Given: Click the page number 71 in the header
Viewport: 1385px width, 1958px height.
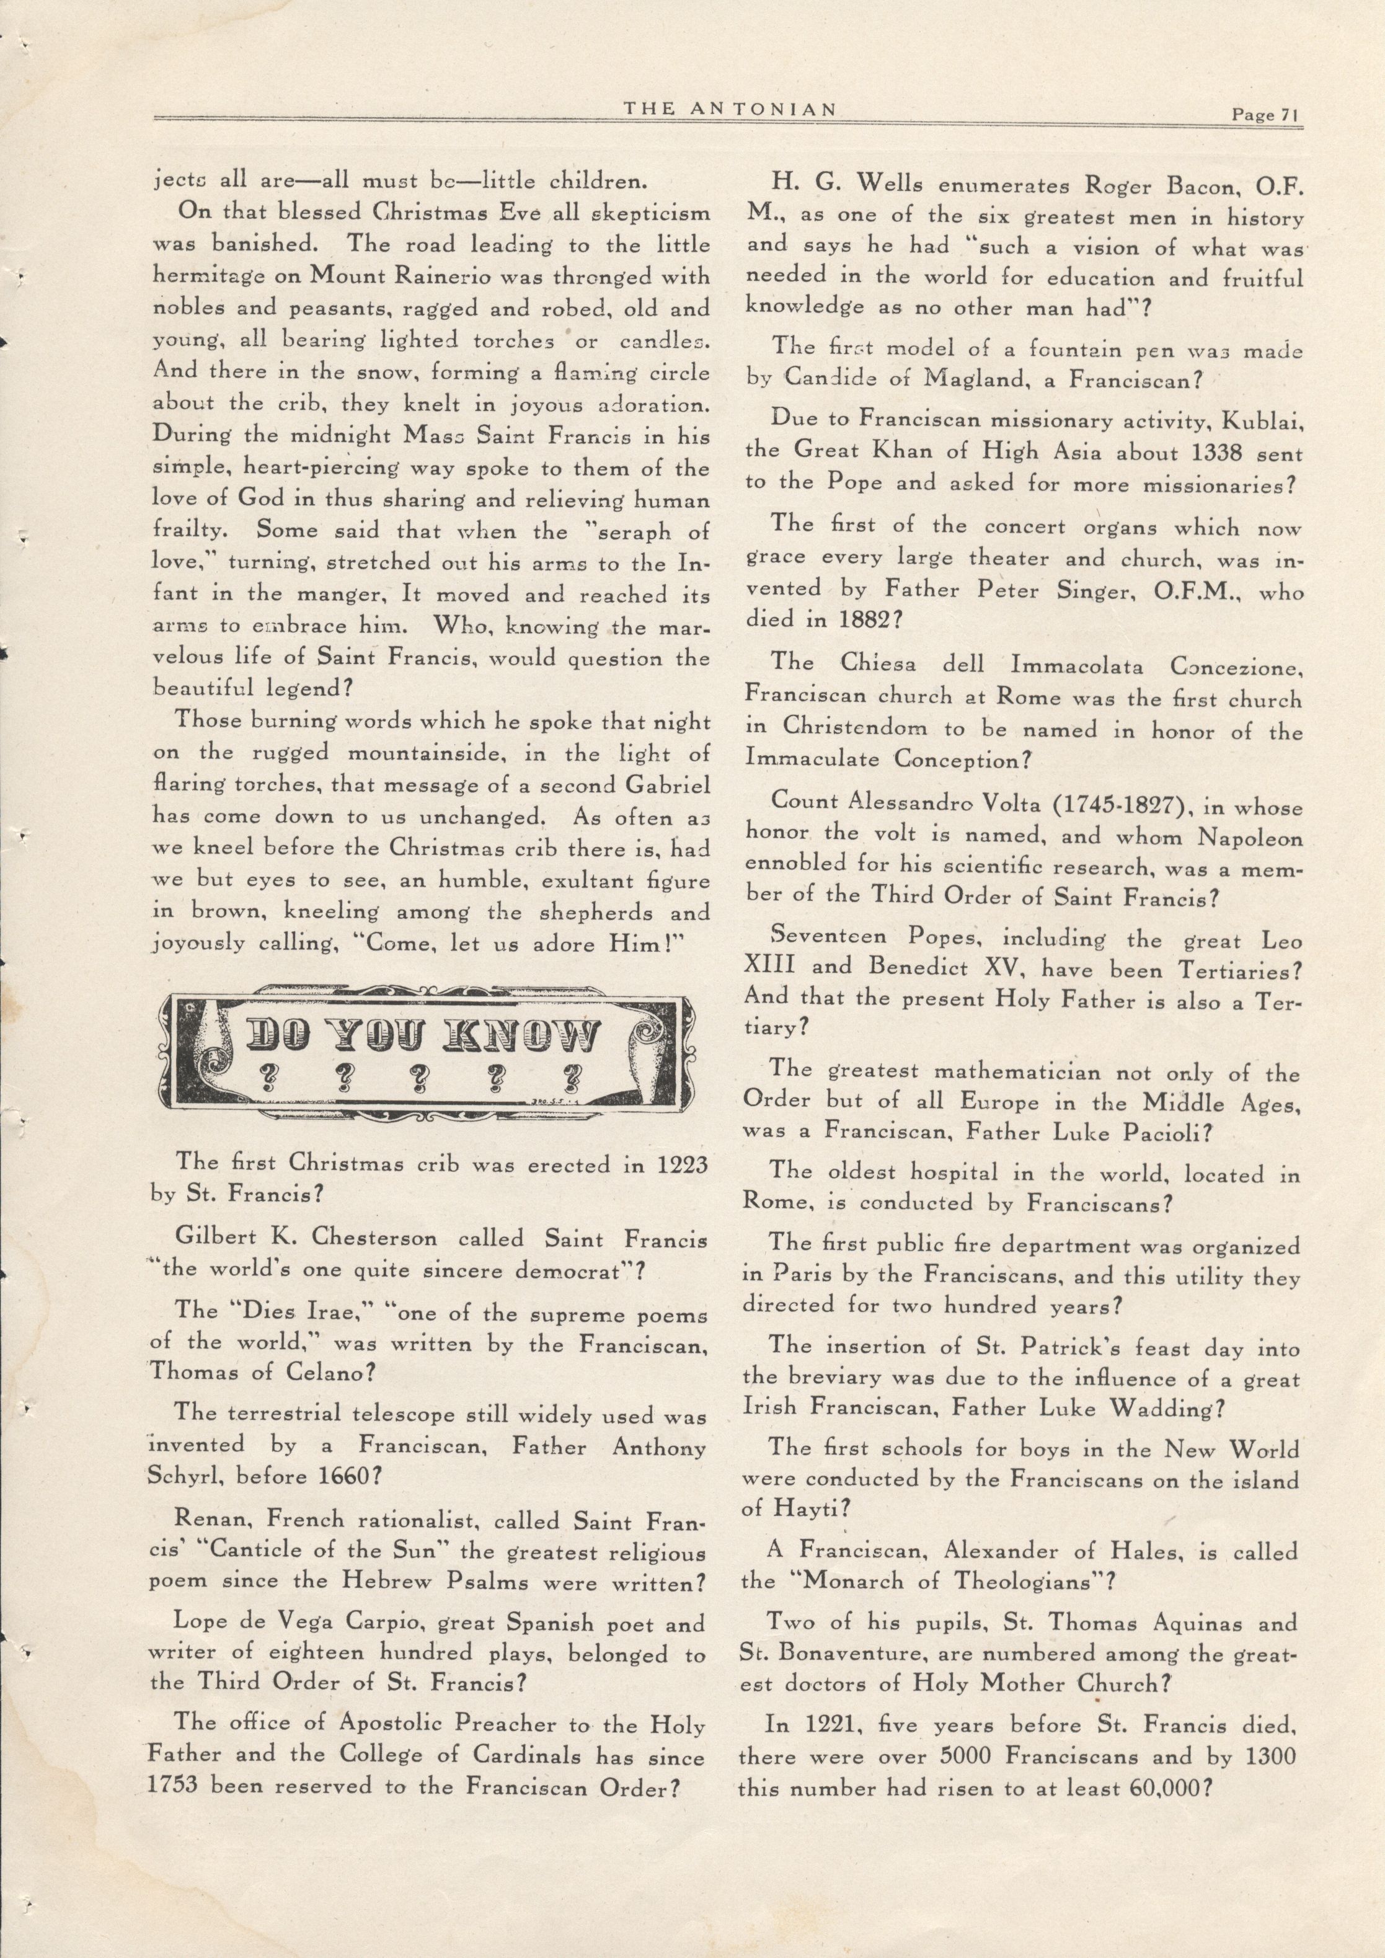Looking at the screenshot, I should [x=1288, y=115].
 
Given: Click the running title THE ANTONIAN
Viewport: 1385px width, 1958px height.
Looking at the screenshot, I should [x=728, y=109].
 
